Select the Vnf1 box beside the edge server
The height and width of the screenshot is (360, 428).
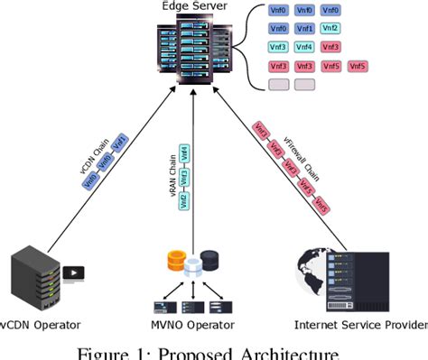[304, 28]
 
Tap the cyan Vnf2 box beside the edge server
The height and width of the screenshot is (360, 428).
[331, 28]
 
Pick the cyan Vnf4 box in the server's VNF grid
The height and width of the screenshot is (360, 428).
[304, 46]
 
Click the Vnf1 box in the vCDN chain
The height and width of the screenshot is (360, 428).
[121, 143]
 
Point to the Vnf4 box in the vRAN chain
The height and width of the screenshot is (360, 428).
[184, 152]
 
